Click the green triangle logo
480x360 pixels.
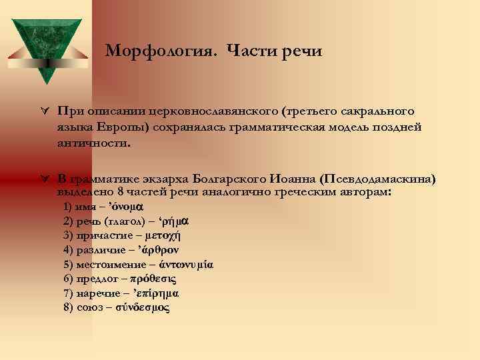46,47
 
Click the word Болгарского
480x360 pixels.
231,179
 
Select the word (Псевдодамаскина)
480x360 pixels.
378,179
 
